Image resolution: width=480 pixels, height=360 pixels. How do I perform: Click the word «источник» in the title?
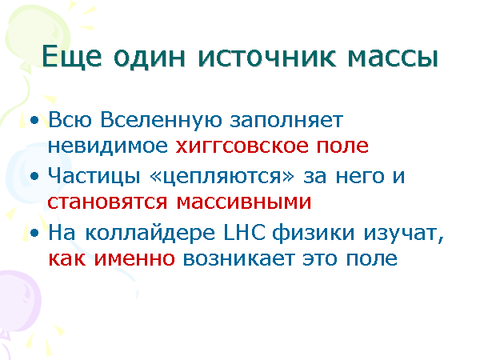pyautogui.click(x=270, y=58)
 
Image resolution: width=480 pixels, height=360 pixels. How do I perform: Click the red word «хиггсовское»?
pyautogui.click(x=236, y=146)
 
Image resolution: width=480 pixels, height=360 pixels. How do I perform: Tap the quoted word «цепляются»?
pyautogui.click(x=218, y=174)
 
